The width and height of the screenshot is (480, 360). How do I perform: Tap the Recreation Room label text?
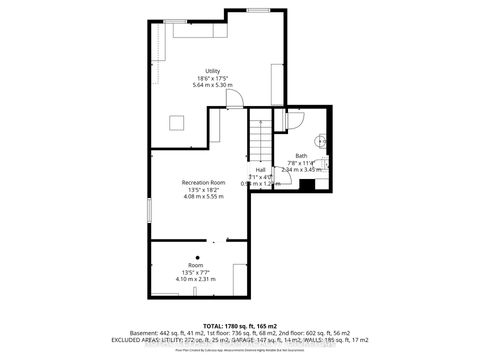pyautogui.click(x=203, y=183)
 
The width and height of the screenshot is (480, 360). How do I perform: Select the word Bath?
pyautogui.click(x=301, y=156)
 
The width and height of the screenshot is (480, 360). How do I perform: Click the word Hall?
pyautogui.click(x=260, y=170)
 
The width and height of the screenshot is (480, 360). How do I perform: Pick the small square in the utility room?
pyautogui.click(x=177, y=123)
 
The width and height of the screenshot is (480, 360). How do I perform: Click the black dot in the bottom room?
pyautogui.click(x=197, y=257)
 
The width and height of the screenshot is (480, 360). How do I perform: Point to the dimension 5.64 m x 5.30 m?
pyautogui.click(x=211, y=85)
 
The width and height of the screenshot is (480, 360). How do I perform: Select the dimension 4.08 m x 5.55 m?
pyautogui.click(x=203, y=196)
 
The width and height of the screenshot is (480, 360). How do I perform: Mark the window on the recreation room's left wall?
pyautogui.click(x=149, y=213)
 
